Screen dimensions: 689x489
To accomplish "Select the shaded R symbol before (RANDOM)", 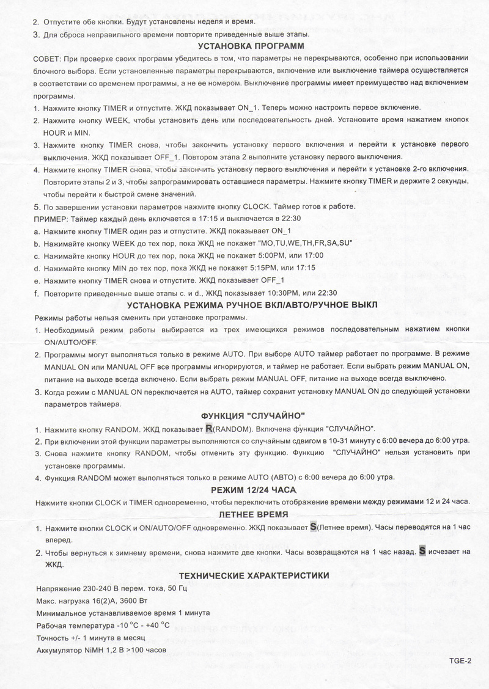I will [210, 428].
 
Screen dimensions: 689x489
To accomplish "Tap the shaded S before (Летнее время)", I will [314, 527].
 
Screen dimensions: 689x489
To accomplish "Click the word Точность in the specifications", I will [53, 638].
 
